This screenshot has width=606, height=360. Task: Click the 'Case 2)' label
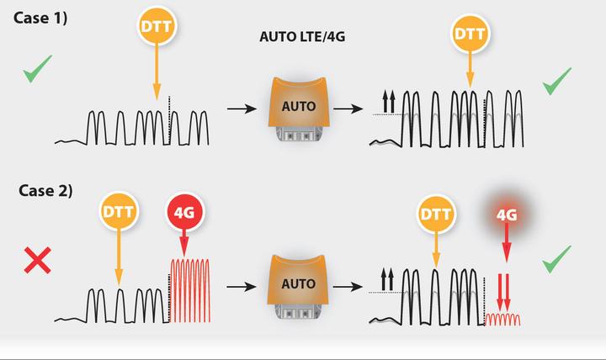(x=45, y=191)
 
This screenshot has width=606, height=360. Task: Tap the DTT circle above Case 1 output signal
(x=470, y=34)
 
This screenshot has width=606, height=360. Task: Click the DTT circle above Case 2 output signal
(x=434, y=214)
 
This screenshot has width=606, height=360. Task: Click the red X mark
(x=38, y=260)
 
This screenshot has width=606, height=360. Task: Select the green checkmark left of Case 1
(x=36, y=69)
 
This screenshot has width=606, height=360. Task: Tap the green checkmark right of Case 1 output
(x=557, y=82)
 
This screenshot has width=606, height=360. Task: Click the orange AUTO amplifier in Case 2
(x=298, y=286)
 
